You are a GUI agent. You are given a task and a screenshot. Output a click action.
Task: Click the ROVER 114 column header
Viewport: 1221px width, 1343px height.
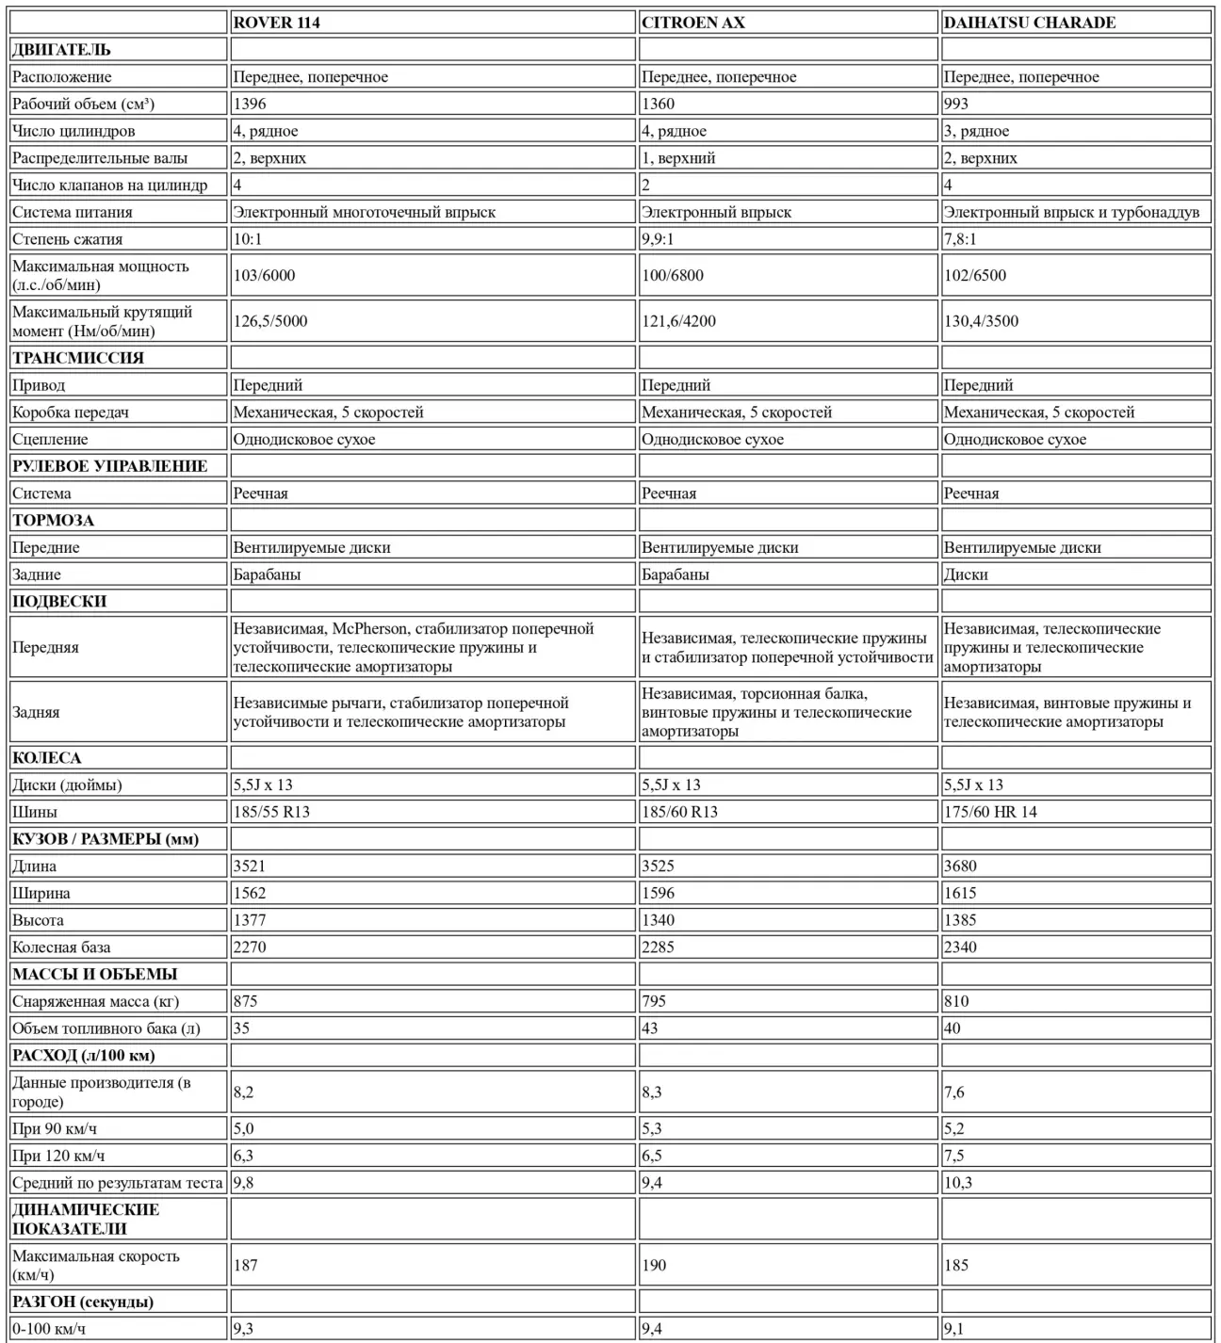(276, 23)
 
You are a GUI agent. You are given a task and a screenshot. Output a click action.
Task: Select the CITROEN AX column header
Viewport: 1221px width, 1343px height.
(692, 23)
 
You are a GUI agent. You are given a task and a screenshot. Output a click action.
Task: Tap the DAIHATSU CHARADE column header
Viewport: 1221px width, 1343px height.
(1029, 23)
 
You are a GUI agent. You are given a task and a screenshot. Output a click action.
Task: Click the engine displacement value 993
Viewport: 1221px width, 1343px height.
(955, 104)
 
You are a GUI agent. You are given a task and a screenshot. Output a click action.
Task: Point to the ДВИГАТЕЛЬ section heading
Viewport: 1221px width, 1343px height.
(61, 50)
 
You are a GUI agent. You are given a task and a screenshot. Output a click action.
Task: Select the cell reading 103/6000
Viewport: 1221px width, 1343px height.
(264, 275)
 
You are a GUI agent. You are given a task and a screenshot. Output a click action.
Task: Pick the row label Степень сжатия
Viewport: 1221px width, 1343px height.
(67, 239)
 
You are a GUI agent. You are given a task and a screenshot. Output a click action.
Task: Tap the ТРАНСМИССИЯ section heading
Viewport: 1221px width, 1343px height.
(78, 358)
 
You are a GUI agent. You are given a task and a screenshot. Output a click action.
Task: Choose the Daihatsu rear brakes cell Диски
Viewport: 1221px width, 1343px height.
(966, 574)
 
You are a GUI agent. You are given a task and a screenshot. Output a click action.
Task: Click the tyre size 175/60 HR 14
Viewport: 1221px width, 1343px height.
(990, 812)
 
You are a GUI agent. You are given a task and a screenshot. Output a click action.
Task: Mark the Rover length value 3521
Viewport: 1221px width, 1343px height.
(249, 866)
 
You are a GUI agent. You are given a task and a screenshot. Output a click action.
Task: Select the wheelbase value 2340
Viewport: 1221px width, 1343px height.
(960, 947)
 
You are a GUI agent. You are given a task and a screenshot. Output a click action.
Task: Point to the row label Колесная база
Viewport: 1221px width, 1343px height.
(61, 947)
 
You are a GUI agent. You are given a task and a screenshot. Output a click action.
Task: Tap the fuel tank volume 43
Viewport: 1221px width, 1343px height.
(650, 1028)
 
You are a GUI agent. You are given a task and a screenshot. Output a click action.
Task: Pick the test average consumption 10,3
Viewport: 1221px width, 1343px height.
(957, 1183)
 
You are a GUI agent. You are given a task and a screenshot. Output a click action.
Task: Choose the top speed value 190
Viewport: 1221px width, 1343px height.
(654, 1265)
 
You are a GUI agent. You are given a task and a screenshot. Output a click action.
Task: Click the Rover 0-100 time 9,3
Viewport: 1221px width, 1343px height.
(243, 1329)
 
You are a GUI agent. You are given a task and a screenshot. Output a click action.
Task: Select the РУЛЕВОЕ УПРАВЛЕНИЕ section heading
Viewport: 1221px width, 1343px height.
(109, 466)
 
